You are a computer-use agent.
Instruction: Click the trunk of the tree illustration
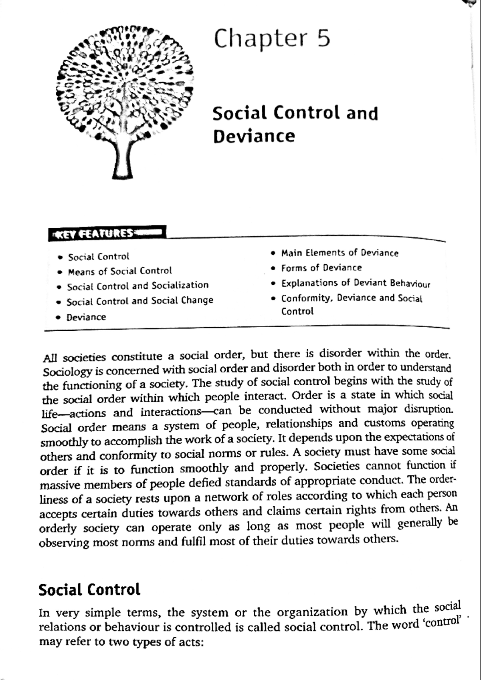coord(123,160)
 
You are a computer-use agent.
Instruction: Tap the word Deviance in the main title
coord(254,136)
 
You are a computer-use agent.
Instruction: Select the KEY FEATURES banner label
coord(106,233)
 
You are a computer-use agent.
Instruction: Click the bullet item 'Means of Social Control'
coord(119,271)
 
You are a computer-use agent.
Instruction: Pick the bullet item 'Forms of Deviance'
coord(321,268)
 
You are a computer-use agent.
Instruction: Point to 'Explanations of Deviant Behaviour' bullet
coord(355,283)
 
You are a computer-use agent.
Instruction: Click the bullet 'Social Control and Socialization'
coord(137,286)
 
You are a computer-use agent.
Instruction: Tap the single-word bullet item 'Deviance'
coord(86,317)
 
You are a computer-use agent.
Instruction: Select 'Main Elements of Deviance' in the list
coord(340,253)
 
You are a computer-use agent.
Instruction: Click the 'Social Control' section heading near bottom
coord(89,589)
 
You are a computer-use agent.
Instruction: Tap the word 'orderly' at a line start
coord(57,528)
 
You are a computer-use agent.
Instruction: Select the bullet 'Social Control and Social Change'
coord(139,301)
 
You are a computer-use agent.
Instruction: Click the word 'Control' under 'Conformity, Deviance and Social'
coord(297,311)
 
